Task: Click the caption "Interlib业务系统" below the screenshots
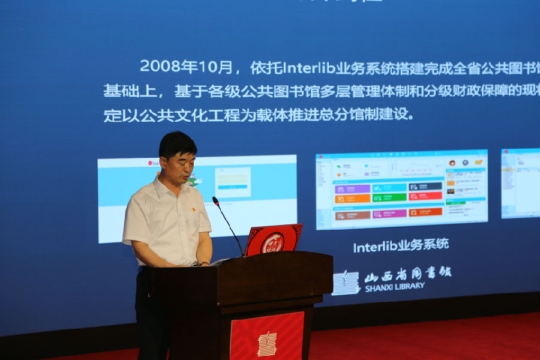[x=401, y=245]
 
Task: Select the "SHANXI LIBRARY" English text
[x=394, y=287]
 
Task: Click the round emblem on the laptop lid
[x=272, y=242]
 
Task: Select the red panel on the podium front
[x=267, y=337]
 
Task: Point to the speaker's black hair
[x=176, y=144]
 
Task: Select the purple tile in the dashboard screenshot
[x=352, y=188]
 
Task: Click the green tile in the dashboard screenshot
[x=389, y=197]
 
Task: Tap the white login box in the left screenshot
[x=232, y=182]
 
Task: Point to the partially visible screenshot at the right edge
[x=521, y=184]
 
